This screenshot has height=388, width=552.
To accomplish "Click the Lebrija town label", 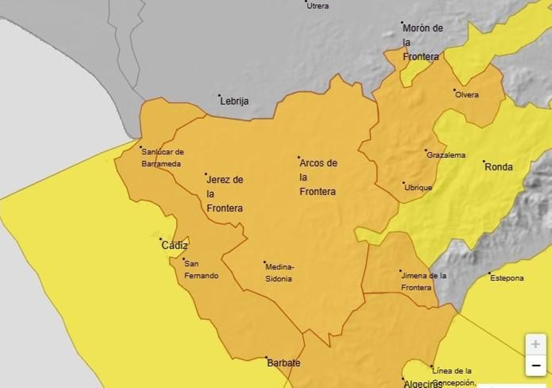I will click(234, 101).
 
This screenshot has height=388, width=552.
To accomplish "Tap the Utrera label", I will click(318, 6).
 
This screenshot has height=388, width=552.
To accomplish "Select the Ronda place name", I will click(499, 167).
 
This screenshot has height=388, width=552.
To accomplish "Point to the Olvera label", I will click(467, 95).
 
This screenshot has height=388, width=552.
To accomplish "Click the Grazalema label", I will click(446, 155).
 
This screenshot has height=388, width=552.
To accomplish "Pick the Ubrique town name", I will click(418, 188).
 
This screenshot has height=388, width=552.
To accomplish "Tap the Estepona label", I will click(507, 278).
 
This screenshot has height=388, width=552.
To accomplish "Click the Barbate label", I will click(284, 363).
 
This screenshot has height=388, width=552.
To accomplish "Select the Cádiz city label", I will click(175, 245).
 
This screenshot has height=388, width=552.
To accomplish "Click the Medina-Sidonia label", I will click(279, 273).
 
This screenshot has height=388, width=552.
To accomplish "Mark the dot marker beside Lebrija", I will click(219, 95).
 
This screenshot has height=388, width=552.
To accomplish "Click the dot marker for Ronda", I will click(484, 161).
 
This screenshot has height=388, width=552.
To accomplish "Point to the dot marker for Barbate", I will click(266, 357).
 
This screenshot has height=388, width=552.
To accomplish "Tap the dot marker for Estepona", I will click(489, 273).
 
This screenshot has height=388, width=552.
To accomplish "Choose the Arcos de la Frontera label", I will click(318, 177).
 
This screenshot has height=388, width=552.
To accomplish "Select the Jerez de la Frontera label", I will click(225, 194).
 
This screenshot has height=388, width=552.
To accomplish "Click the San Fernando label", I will click(201, 270).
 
